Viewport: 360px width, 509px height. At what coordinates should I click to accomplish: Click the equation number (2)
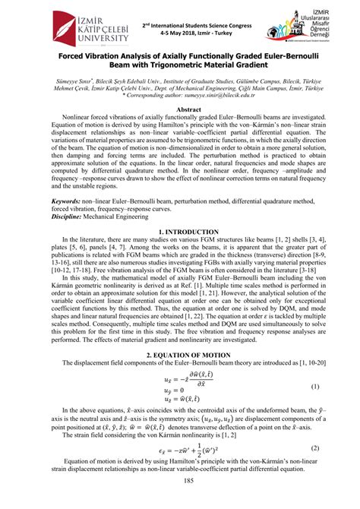(315, 469)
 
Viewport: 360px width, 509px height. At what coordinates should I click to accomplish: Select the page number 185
(180, 501)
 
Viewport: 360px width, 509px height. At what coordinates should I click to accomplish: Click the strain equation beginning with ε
(180, 469)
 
